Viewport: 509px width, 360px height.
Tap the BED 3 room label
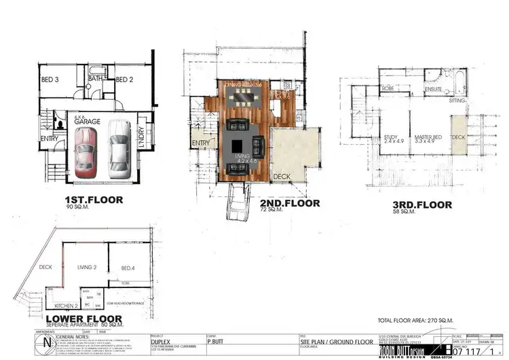[x=48, y=79]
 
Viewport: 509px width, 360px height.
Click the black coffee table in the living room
[x=235, y=145]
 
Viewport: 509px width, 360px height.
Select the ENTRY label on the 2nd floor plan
[x=201, y=143]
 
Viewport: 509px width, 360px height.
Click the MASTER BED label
[x=428, y=138]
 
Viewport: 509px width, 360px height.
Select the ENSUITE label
[x=434, y=89]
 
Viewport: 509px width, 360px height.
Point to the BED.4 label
[x=128, y=268]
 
